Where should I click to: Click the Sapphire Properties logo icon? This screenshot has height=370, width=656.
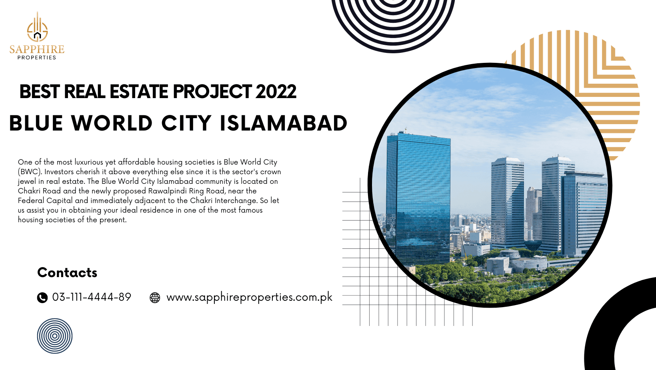37,27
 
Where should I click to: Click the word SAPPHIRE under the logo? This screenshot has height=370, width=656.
37,49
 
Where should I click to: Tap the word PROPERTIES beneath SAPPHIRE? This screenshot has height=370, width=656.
37,58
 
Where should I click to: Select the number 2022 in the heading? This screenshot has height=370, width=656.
276,91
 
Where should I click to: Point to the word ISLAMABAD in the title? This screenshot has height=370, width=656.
284,123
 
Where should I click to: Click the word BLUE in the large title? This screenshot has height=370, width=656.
36,123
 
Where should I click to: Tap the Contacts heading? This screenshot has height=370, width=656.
67,273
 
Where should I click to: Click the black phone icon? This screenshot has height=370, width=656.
42,298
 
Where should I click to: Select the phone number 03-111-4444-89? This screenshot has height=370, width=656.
92,297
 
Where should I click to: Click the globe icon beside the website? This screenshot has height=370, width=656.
155,298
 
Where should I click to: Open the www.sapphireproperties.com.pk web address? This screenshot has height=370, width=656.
250,297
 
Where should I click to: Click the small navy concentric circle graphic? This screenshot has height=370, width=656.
55,336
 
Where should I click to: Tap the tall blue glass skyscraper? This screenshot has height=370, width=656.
419,199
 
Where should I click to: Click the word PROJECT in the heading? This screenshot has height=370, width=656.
212,91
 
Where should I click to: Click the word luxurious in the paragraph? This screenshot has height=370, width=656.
89,162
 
